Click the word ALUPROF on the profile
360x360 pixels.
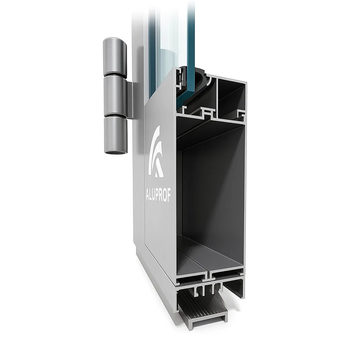pos(159,195)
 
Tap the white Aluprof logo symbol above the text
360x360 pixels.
pos(156,151)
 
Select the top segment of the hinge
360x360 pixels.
pos(115,57)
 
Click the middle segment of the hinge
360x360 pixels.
pos(115,96)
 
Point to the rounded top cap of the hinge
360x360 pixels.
pos(114,41)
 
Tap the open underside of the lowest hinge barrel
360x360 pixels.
pos(116,152)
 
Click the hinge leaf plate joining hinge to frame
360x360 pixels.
pos(130,100)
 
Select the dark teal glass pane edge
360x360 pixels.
pos(191,50)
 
